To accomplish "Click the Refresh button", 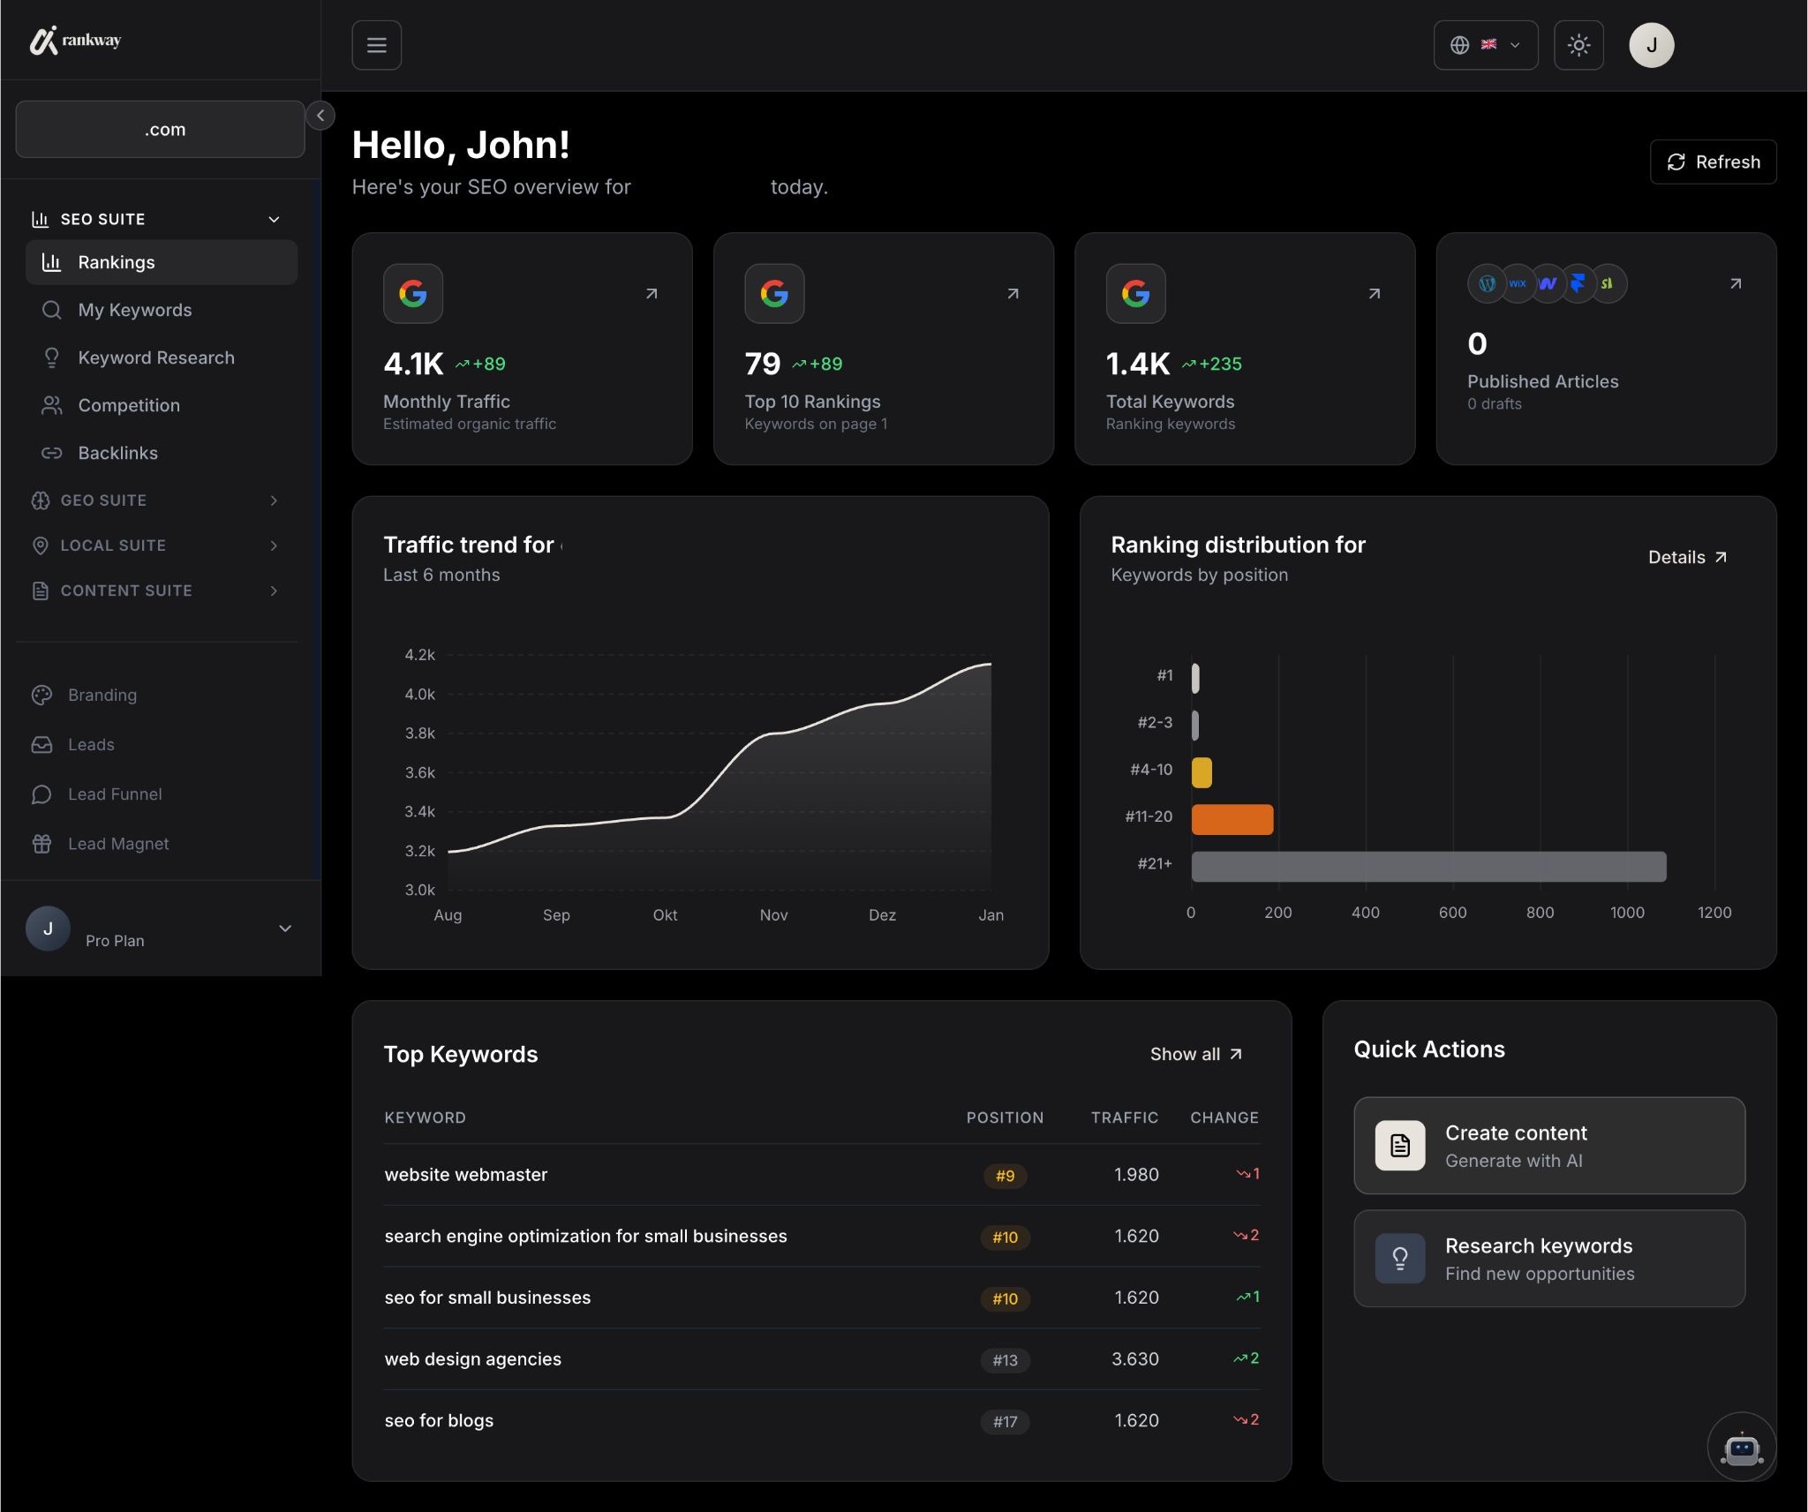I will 1713,162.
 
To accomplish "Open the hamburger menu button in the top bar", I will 377,45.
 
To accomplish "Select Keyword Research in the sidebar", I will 155,357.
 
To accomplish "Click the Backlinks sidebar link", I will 117,453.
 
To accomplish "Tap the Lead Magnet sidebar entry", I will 118,844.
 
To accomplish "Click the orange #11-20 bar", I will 1232,819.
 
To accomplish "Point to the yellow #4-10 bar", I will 1202,772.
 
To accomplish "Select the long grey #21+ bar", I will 1428,866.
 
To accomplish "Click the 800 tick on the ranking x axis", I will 1540,913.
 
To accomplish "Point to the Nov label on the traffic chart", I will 773,915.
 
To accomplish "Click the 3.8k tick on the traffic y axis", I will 419,733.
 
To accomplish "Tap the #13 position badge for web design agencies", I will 1005,1360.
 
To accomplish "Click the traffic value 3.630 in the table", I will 1134,1359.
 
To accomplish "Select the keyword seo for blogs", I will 439,1421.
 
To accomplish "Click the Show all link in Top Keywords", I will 1195,1054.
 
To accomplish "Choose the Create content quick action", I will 1548,1146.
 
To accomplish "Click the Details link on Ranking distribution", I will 1686,557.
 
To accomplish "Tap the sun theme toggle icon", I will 1578,45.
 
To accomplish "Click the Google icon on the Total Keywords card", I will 1135,293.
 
